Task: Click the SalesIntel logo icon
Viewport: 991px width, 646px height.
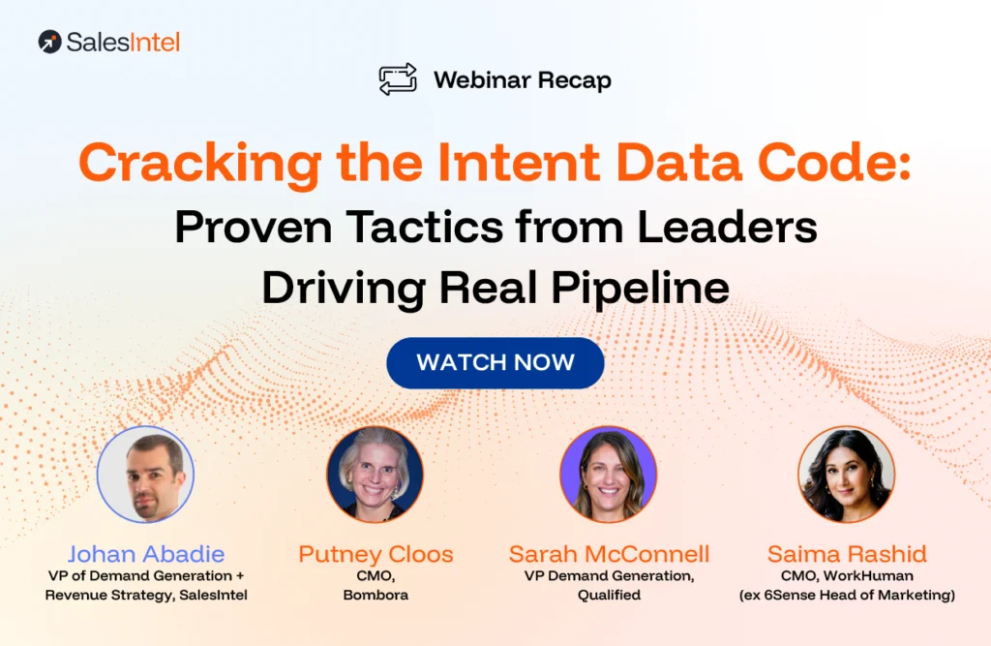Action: coord(50,42)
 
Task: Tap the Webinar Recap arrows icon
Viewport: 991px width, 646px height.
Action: coord(398,79)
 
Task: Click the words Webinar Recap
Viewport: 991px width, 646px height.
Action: coord(523,79)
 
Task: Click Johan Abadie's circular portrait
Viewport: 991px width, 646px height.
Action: coord(146,475)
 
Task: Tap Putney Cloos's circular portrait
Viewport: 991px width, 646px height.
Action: coord(375,475)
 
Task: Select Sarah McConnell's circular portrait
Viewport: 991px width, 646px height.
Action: coord(609,475)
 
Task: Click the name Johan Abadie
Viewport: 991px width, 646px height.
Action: coord(146,555)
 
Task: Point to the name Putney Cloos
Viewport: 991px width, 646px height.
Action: coord(375,555)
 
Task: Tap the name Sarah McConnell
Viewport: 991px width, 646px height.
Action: coord(609,555)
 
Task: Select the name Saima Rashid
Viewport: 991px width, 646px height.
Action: coord(847,555)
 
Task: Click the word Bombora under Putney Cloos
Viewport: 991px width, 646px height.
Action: coord(375,595)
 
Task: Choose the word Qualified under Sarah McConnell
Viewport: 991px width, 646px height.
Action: coord(609,595)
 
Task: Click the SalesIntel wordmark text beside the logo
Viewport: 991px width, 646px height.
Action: coord(123,42)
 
